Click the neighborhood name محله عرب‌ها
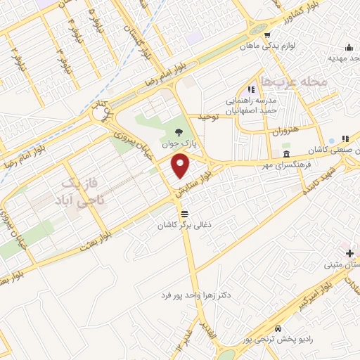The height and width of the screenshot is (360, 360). click(x=294, y=82)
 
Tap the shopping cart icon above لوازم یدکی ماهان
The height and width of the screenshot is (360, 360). click(x=267, y=33)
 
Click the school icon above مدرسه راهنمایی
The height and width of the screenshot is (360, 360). click(x=250, y=89)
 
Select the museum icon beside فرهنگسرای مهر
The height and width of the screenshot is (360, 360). click(x=285, y=155)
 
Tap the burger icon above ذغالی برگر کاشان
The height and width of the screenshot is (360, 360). click(x=184, y=212)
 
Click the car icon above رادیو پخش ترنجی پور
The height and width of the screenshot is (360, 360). click(x=278, y=329)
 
